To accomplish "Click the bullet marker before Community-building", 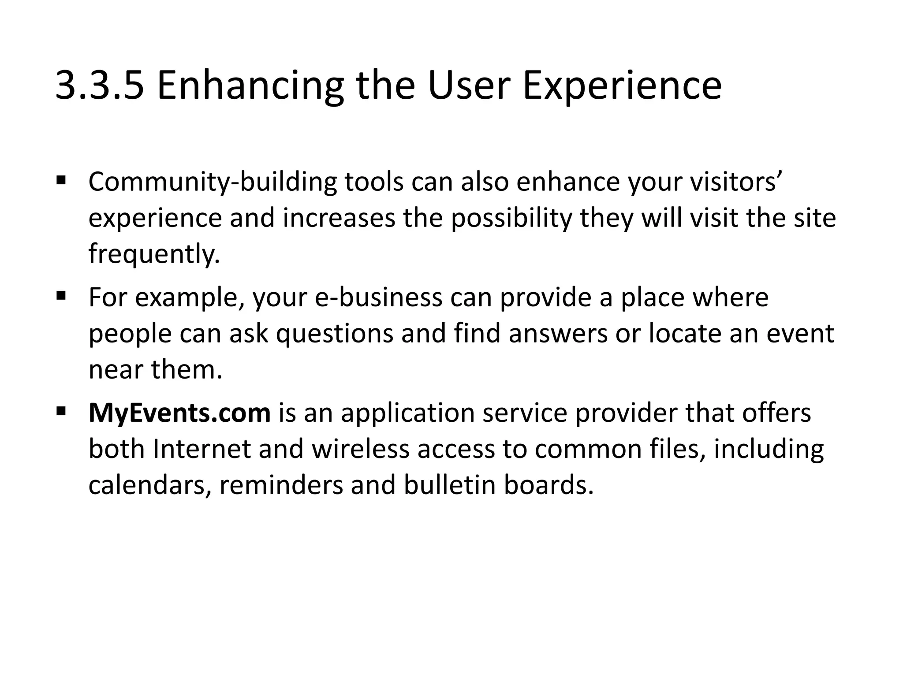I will (x=61, y=180).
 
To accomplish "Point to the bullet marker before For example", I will (x=61, y=295).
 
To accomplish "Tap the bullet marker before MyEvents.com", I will (x=61, y=411).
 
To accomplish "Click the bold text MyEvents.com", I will (x=179, y=413).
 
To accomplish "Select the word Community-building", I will (x=212, y=182).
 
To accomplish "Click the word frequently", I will (x=154, y=254).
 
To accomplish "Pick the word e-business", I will (x=378, y=298).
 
